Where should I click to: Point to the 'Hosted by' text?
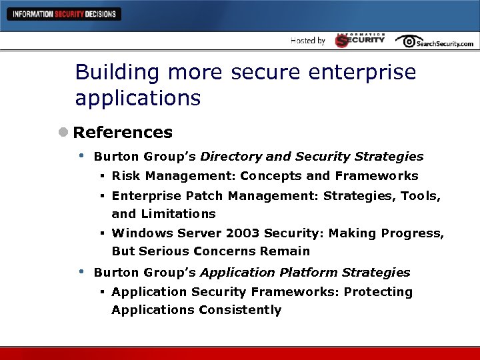(308, 41)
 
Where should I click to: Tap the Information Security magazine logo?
(360, 40)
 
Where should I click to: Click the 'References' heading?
(123, 133)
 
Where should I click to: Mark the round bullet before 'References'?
(63, 133)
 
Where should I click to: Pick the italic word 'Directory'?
(231, 157)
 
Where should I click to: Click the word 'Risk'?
(125, 176)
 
